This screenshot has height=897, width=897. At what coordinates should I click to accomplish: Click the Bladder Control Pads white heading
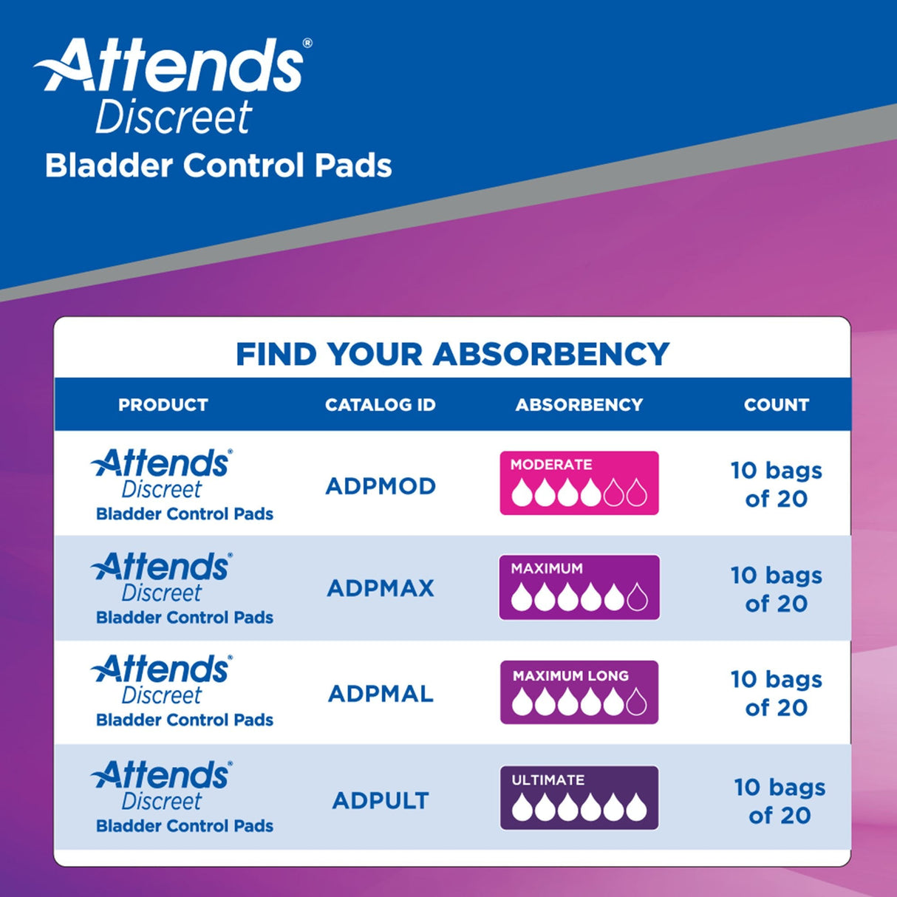pos(218,166)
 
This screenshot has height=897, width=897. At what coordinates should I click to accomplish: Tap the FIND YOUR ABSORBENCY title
pos(452,354)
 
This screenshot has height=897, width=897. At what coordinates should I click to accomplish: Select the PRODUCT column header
pos(163,405)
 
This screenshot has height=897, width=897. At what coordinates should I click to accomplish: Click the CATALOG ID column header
pos(381,405)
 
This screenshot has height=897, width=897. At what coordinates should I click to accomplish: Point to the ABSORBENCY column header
pos(579,405)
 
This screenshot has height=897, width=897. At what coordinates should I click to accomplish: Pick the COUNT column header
pos(777,405)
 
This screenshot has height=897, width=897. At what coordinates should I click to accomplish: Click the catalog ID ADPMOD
pos(381,486)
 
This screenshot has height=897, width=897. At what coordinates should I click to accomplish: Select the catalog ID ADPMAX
pos(381,588)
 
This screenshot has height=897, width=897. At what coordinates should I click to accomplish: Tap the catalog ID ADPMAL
pos(381,694)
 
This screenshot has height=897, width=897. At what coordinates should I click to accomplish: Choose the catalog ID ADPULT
pos(381,800)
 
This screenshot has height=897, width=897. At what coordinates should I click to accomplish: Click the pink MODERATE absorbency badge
pos(579,483)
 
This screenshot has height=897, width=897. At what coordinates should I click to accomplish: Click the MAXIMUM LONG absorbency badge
pos(579,692)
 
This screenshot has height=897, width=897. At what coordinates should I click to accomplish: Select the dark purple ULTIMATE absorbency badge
pos(579,798)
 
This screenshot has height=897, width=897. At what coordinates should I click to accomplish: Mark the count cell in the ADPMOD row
pos(777,485)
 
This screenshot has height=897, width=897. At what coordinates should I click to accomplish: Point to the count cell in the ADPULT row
pos(780,802)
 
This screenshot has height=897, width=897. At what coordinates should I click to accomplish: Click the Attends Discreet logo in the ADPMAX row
pos(162,577)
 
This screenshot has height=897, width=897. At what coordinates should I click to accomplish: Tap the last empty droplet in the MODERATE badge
pos(637,493)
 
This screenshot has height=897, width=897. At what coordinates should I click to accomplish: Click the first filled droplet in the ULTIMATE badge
pos(522,808)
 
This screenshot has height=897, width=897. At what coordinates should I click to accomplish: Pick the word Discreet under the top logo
pos(174,117)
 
